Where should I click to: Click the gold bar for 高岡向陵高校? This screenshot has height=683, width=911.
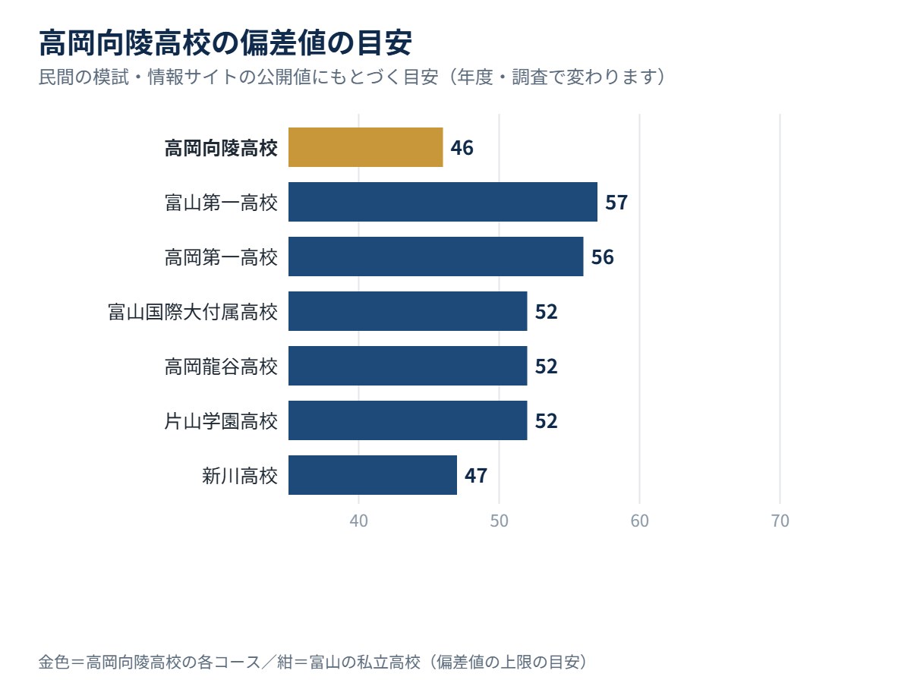366,147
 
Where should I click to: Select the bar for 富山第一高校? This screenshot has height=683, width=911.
443,202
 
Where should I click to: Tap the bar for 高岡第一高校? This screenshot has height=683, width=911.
436,257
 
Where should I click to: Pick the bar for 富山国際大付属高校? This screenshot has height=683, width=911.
408,311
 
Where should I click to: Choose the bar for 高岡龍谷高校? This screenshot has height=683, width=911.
408,366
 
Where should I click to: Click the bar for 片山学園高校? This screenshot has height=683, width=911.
408,420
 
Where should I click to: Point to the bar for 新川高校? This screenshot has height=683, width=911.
373,475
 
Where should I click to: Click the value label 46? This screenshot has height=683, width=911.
462,148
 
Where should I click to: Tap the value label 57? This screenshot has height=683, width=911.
616,203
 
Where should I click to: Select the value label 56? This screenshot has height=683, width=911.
602,257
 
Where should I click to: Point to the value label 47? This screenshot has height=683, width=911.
476,476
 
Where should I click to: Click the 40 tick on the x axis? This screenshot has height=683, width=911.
358,521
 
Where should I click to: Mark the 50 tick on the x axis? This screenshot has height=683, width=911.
499,521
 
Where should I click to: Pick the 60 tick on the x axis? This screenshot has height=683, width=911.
639,521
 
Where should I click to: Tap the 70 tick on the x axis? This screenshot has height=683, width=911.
780,521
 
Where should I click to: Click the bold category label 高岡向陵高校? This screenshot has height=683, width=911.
221,148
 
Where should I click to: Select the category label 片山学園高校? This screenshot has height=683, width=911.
221,421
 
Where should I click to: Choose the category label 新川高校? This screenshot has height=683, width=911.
239,476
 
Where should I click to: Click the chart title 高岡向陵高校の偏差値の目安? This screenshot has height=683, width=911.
225,42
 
